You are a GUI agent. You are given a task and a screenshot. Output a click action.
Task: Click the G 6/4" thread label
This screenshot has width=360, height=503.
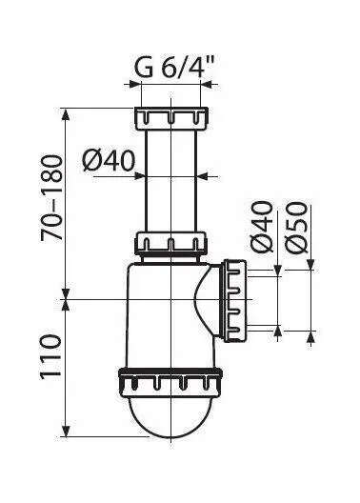pos(173,67)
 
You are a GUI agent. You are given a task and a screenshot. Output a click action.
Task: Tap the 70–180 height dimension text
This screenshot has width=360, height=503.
pos(51,198)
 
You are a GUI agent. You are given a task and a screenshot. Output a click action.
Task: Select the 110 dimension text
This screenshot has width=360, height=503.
pos(50,357)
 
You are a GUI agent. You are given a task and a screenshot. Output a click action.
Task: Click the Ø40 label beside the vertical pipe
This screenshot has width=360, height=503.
pos(109,160)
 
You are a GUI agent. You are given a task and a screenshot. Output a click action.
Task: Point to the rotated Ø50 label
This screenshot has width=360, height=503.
pos(297,227)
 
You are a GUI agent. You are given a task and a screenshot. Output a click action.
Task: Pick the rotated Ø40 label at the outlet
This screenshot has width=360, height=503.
pos(262,227)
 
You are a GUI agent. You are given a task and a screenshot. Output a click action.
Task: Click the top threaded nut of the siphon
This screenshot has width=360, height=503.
pos(171,118)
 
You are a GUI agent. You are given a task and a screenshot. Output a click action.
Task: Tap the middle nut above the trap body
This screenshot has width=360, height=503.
pos(170,243)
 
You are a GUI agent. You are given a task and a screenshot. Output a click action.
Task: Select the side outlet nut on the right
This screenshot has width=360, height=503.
pos(235,301)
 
